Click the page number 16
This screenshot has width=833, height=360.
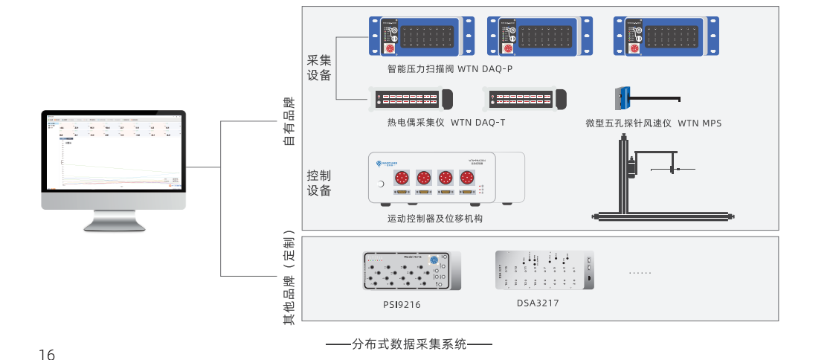click(x=47, y=355)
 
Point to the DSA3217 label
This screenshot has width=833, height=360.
click(x=538, y=303)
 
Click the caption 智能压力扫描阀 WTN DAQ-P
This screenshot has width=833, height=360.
click(x=450, y=69)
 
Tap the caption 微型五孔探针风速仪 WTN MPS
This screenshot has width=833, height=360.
click(x=653, y=123)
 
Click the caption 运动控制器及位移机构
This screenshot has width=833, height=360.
click(x=435, y=219)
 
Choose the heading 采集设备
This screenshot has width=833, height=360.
click(x=319, y=67)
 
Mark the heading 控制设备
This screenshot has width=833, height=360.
click(x=319, y=183)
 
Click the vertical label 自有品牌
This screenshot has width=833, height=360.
click(x=289, y=120)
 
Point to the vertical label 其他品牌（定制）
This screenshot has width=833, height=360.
click(x=289, y=278)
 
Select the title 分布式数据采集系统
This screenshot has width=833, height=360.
click(x=409, y=344)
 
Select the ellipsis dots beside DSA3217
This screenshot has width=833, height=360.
click(x=639, y=273)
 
